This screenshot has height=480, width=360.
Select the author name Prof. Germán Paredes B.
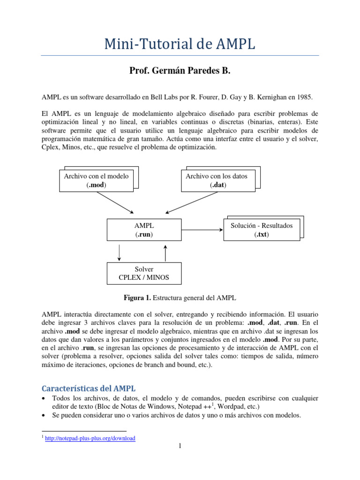point(180,71)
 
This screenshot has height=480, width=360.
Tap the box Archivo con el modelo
point(96,180)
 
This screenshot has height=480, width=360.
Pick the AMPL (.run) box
point(144,230)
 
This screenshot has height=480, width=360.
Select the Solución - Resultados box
point(262,230)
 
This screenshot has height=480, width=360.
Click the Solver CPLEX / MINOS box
point(144,273)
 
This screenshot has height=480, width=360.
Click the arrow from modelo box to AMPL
point(115,202)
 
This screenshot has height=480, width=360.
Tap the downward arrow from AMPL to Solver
point(120,252)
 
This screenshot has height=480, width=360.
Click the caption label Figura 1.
point(136,298)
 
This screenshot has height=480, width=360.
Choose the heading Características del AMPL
point(89,389)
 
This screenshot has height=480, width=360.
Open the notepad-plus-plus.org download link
point(90,438)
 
